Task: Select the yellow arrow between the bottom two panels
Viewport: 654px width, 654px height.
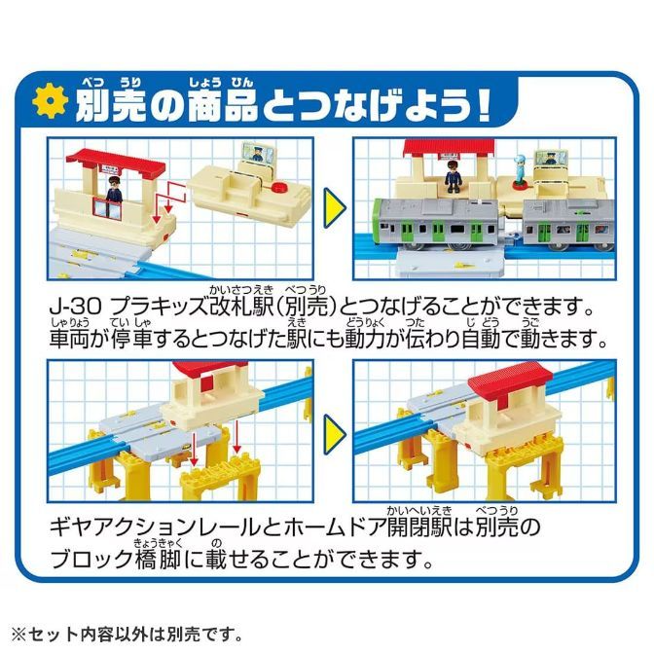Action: tap(335, 429)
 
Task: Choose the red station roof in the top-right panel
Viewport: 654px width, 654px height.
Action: tap(440, 148)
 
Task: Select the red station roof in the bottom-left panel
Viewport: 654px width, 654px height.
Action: tap(208, 371)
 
